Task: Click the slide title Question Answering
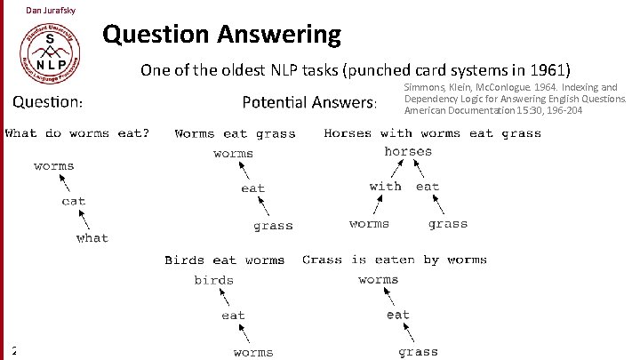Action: (221, 35)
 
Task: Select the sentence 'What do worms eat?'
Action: (77, 134)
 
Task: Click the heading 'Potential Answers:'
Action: (310, 103)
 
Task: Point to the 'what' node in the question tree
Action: (92, 238)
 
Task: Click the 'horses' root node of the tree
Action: (408, 152)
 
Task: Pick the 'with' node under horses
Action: (385, 187)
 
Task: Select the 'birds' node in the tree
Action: (214, 280)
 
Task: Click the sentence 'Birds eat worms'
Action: (224, 260)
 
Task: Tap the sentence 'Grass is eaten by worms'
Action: (394, 260)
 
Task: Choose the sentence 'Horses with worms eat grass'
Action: (432, 134)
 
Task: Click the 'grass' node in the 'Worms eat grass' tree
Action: (273, 226)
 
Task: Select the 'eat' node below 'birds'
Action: (233, 316)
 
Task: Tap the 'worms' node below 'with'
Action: (369, 224)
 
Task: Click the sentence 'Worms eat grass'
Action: (235, 134)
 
